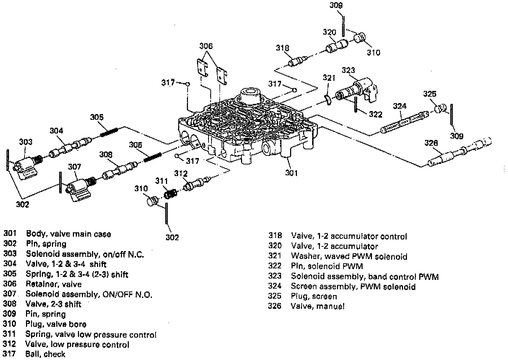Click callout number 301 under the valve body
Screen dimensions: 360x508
pos(291,173)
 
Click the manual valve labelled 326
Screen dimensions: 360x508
pos(458,153)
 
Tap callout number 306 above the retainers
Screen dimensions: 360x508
pos(206,46)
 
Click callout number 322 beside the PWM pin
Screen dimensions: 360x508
pos(376,114)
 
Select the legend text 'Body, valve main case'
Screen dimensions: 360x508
pos(68,234)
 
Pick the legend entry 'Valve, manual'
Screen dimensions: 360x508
pos(317,306)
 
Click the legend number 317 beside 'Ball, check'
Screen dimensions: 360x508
pos(9,354)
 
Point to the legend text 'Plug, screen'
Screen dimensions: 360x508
pos(314,296)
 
